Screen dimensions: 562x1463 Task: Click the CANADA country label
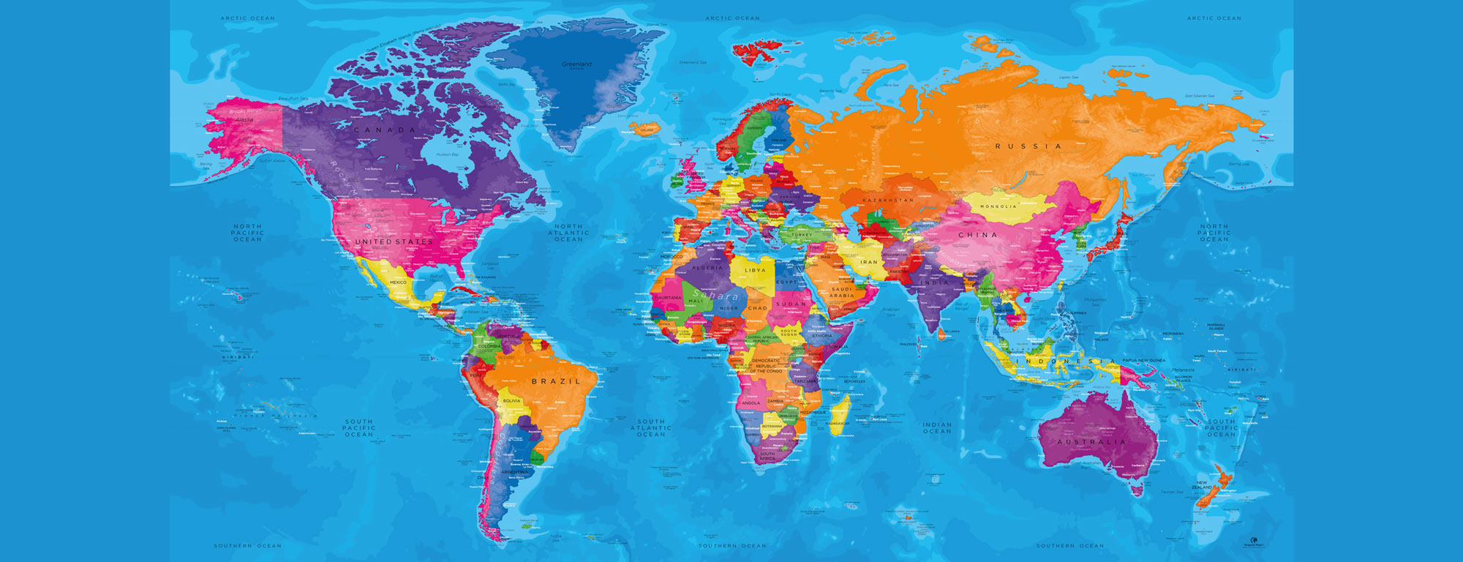coord(385,130)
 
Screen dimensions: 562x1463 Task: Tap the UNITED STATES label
coord(394,241)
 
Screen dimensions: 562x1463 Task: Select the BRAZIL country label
coord(556,381)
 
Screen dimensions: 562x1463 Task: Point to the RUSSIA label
coord(1028,146)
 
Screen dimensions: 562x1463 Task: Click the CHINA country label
coord(978,235)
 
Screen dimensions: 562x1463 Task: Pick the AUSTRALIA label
coord(1091,442)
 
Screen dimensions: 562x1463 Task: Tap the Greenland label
coord(576,64)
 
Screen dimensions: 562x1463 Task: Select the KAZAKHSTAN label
coord(888,200)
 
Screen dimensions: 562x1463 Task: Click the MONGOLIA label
coord(998,206)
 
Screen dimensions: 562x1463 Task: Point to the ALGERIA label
coord(707,268)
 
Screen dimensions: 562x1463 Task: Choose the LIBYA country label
coord(755,270)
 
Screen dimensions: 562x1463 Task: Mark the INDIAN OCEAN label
coord(937,427)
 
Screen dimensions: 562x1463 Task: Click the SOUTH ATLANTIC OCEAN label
coord(651,428)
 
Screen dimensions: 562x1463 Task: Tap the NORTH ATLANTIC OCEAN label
coord(568,233)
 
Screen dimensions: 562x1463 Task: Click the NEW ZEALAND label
coord(1202,485)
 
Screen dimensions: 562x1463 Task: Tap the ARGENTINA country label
coord(514,472)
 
